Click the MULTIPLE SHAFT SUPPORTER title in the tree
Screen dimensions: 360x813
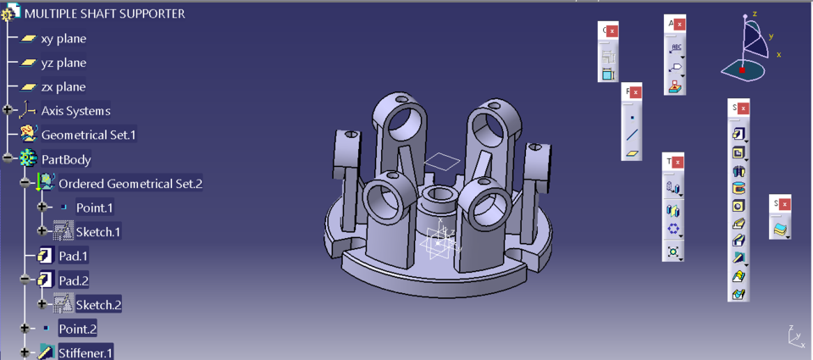pos(104,14)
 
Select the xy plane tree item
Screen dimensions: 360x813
pos(63,38)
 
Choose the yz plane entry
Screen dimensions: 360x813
pos(63,63)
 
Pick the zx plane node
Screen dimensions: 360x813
pos(63,86)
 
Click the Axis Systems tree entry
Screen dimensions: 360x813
pos(75,110)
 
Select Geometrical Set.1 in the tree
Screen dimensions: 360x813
pos(88,134)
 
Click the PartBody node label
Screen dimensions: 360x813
pos(66,158)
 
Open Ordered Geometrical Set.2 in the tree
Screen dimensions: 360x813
pos(130,183)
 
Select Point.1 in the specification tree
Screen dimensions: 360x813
pos(94,208)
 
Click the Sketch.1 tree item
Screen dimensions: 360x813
pos(97,231)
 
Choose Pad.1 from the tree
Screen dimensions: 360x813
pos(73,256)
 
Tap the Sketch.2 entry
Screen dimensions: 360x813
pos(98,304)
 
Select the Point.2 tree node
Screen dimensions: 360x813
pos(77,329)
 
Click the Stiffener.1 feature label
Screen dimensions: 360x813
pos(86,352)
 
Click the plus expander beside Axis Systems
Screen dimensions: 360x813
pos(8,110)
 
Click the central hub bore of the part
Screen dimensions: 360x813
pos(437,196)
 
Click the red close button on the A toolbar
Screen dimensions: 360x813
pos(679,24)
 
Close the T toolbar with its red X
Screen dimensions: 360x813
pos(678,162)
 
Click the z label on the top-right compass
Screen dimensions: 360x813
pos(754,14)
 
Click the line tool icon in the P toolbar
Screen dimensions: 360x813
pos(633,135)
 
